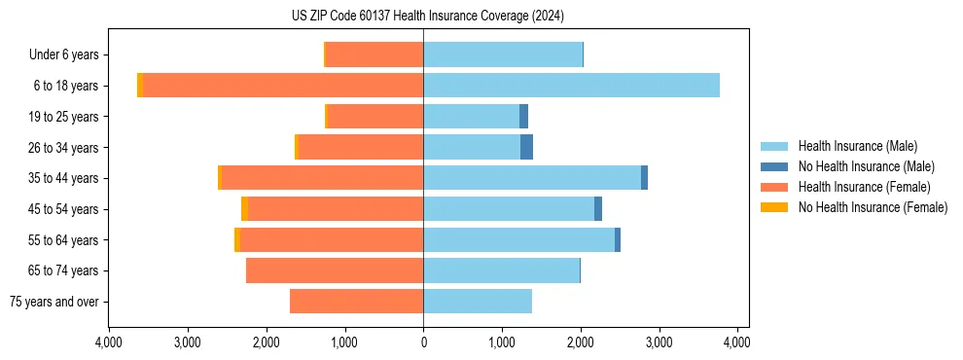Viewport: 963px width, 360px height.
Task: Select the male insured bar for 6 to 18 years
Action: [571, 86]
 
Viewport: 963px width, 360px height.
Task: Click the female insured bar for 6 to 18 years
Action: [283, 86]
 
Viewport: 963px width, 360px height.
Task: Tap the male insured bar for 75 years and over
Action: [478, 302]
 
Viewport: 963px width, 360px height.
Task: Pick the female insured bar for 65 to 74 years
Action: [335, 270]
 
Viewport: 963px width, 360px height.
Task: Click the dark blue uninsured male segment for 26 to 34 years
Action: [526, 147]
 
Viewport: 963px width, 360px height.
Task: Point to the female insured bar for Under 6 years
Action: [374, 54]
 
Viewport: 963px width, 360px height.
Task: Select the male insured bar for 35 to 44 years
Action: [532, 178]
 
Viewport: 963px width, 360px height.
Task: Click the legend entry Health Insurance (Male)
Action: [857, 146]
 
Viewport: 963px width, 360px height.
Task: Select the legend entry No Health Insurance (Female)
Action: [872, 207]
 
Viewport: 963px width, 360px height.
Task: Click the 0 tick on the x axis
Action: [423, 343]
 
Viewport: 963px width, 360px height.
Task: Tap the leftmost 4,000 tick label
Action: [109, 343]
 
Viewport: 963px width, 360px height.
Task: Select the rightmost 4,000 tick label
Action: [737, 343]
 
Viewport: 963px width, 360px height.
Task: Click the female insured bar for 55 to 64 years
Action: [332, 239]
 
